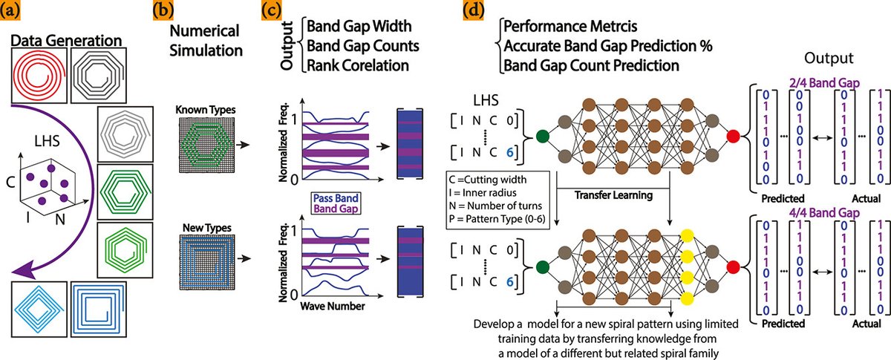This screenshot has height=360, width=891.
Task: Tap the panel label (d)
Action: point(472,13)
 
